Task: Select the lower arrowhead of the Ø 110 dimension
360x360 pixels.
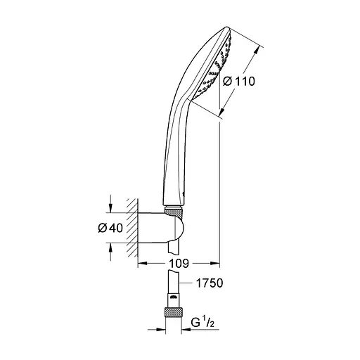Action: point(224,114)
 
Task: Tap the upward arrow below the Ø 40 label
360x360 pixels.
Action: point(110,245)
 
